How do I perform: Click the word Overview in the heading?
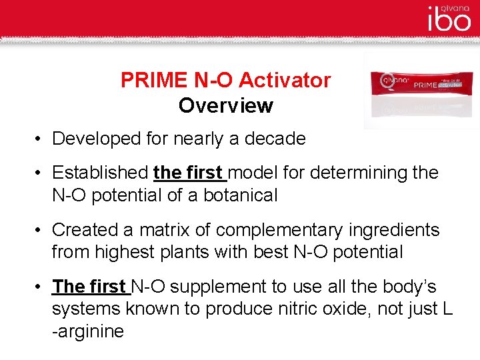(226, 105)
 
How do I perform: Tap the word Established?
(100, 173)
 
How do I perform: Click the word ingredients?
(399, 230)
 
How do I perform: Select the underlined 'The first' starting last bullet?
(90, 287)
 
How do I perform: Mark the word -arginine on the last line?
(88, 331)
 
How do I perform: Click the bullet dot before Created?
(41, 231)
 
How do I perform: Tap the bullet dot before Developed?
(41, 139)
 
